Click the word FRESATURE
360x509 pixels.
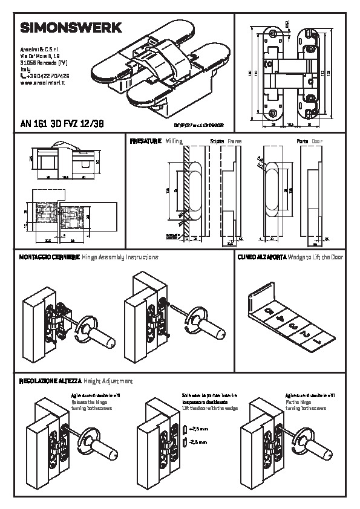coord(146,140)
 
